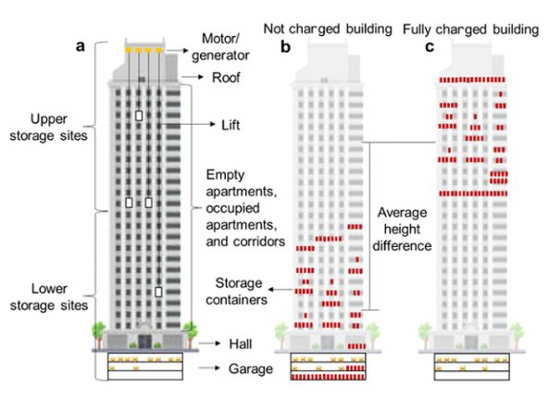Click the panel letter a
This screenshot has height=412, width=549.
(x=81, y=46)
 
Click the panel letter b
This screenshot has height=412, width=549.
(x=285, y=47)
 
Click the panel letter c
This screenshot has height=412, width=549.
(x=430, y=47)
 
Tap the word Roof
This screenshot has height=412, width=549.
(x=226, y=78)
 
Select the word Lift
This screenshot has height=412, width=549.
(x=231, y=125)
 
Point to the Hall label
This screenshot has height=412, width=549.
(x=240, y=343)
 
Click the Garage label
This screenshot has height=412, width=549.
(x=251, y=368)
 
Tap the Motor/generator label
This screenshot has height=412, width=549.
(x=220, y=47)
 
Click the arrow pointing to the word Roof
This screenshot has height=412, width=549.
(x=193, y=77)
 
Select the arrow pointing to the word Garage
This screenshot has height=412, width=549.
(x=209, y=368)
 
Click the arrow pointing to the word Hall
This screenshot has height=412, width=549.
(x=209, y=343)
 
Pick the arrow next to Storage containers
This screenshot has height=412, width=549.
(x=281, y=290)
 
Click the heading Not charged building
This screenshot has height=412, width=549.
(x=328, y=29)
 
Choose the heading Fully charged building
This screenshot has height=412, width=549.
(x=470, y=30)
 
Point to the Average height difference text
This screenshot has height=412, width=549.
(x=402, y=229)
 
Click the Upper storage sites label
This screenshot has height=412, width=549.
(x=48, y=127)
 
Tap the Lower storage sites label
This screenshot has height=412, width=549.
(x=49, y=297)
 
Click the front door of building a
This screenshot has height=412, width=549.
(x=144, y=342)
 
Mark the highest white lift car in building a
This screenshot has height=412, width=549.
(x=139, y=116)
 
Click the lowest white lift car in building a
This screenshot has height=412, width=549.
(x=158, y=292)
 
